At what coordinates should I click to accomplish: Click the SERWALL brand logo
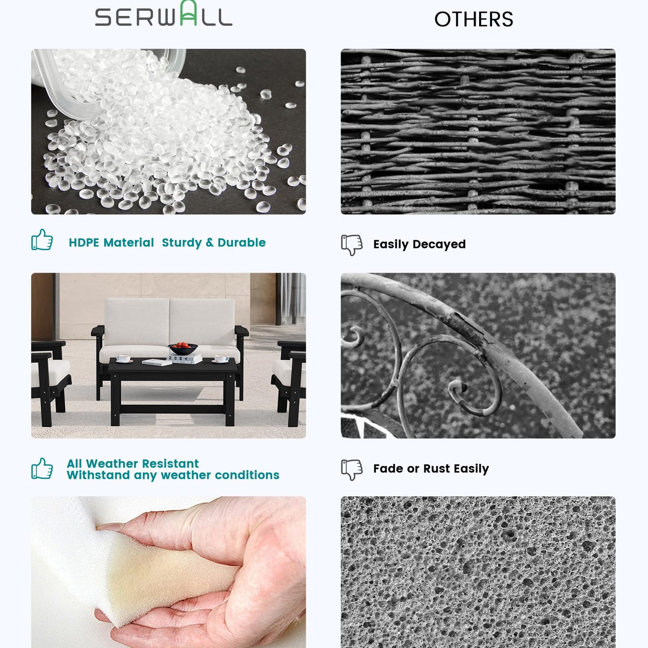[164, 14]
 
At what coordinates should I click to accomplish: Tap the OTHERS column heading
[474, 19]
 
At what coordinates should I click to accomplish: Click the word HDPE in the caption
[84, 242]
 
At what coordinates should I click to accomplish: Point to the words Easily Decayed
[419, 244]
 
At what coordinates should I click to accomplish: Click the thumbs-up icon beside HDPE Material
[42, 240]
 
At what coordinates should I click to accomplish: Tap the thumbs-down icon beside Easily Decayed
[352, 245]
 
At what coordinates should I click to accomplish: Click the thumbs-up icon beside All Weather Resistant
[42, 469]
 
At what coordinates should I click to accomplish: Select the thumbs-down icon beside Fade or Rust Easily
[352, 470]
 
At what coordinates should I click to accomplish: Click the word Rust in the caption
[437, 469]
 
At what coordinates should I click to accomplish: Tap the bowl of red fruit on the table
[183, 348]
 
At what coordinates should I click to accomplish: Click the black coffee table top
[173, 367]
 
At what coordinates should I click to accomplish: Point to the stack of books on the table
[184, 359]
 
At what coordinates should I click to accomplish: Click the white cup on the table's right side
[221, 359]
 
